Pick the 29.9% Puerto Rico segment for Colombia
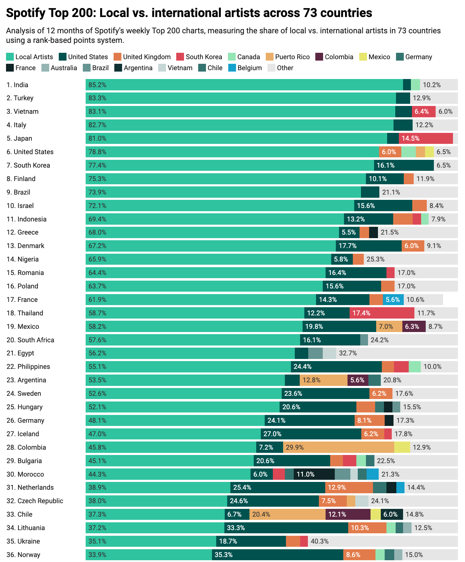pos(338,447)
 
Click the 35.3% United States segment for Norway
pos(277,555)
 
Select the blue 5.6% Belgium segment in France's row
pos(393,299)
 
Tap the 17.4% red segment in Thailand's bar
pos(381,313)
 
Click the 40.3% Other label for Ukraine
pos(320,541)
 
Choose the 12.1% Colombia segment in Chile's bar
pos(348,514)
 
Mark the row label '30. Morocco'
pos(25,474)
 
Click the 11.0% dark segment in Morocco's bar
pos(314,474)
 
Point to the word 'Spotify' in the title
pos(26,13)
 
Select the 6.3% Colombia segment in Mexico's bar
pos(414,326)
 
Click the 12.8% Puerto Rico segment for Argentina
pos(323,380)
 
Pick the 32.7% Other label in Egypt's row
pos(348,353)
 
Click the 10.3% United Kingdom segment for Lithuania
pos(367,528)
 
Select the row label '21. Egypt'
pos(21,353)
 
